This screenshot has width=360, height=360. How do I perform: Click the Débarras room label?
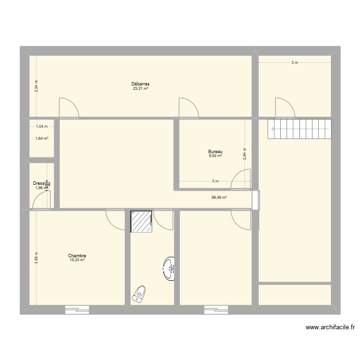[141, 84]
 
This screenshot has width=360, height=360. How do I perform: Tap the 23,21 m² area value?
[141, 89]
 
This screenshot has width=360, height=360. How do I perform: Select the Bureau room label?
[215, 152]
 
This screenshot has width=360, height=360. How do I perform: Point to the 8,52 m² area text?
[215, 156]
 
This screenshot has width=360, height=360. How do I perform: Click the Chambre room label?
[77, 256]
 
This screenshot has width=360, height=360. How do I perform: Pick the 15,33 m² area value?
[77, 260]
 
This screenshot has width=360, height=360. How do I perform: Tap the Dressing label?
[42, 183]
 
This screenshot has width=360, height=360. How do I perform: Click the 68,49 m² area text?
[219, 197]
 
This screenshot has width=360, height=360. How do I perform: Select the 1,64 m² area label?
[42, 139]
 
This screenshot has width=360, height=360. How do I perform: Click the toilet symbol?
[139, 293]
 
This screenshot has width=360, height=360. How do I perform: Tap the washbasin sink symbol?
[168, 269]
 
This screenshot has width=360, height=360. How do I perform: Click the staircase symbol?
[300, 129]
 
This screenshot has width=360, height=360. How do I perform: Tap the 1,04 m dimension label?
[42, 127]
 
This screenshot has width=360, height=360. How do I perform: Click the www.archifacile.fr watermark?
[330, 328]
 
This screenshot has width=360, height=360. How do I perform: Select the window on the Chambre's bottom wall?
[77, 310]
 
